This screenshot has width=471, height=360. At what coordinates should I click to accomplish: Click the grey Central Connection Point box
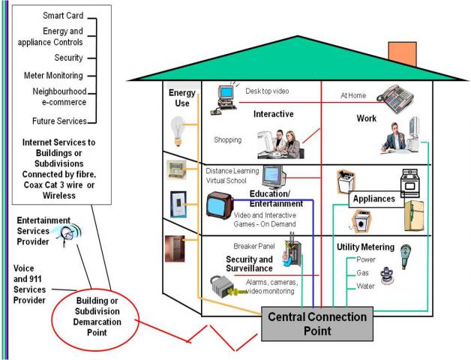tap(318, 323)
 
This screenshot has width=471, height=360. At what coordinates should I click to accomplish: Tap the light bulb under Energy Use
tap(178, 129)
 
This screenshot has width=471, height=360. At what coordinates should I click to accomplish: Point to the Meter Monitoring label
tap(53, 76)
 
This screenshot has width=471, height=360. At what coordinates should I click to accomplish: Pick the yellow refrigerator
tap(417, 216)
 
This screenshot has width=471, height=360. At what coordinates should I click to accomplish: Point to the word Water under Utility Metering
tap(366, 286)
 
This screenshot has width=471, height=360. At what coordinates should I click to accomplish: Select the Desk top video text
tap(267, 91)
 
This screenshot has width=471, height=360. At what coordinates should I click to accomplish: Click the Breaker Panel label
tap(255, 246)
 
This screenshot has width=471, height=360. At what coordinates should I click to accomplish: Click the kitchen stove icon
tap(412, 182)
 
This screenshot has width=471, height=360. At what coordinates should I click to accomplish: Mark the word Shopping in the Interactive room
tap(228, 139)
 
